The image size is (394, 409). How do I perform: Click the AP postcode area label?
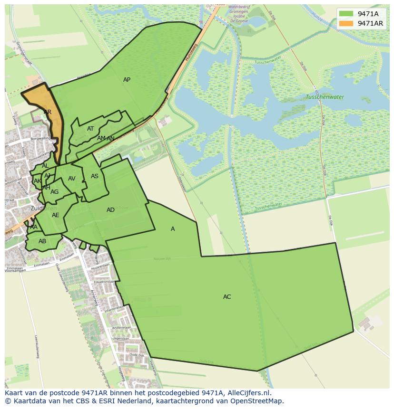(x=127, y=80)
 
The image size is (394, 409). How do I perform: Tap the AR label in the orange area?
(x=48, y=112)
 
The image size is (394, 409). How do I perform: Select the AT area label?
(x=90, y=129)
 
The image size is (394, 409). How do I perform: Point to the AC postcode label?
(x=227, y=297)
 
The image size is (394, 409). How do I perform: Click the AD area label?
(x=110, y=210)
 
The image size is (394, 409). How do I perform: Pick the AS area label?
(x=95, y=176)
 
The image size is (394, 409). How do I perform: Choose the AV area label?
(x=72, y=179)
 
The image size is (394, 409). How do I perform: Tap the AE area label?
(x=56, y=215)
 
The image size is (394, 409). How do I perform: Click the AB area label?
(x=42, y=241)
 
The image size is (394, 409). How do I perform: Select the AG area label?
(x=54, y=192)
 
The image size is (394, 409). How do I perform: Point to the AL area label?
(x=45, y=166)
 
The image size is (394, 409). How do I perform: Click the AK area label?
(x=38, y=181)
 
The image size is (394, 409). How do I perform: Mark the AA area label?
(x=33, y=227)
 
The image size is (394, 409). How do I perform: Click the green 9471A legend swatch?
(x=346, y=14)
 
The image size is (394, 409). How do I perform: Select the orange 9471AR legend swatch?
(x=346, y=23)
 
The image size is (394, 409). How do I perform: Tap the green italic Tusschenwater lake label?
(x=325, y=97)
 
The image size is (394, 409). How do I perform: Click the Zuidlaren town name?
(x=43, y=208)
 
